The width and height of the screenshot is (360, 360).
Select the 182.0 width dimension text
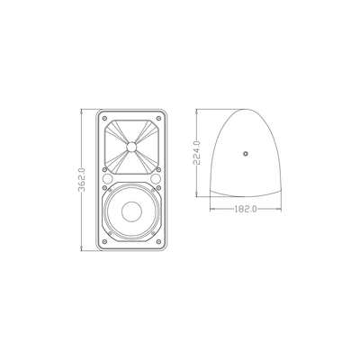(246, 208)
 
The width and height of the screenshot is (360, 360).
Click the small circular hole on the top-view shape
(246, 154)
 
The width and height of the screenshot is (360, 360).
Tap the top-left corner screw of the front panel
(103, 119)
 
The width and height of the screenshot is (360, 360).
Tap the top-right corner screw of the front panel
(160, 119)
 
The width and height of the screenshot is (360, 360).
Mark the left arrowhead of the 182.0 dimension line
(211, 208)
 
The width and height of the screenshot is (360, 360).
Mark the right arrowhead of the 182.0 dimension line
(280, 208)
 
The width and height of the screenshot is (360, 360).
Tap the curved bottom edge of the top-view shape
(246, 196)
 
